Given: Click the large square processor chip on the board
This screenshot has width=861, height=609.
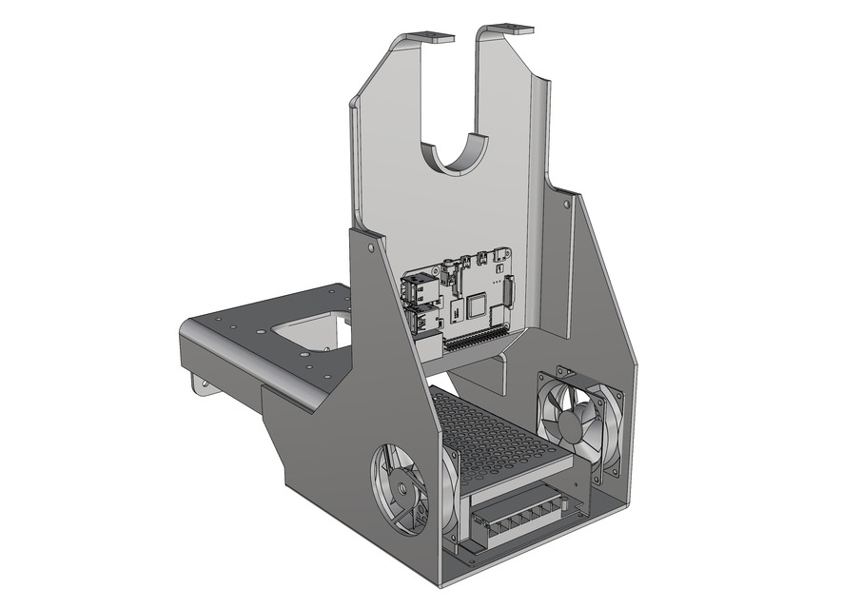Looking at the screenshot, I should [x=474, y=305].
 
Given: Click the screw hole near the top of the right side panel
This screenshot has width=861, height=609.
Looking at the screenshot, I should [x=567, y=203].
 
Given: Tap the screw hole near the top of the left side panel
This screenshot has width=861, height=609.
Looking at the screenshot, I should [x=370, y=246].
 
